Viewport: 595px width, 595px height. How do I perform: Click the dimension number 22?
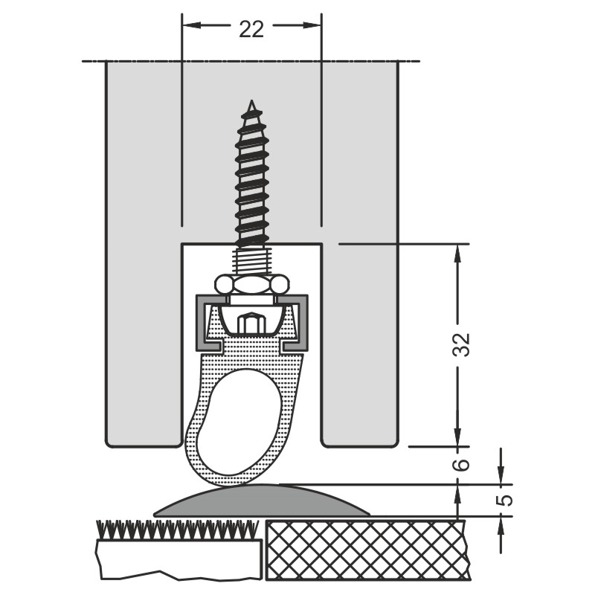(251, 29)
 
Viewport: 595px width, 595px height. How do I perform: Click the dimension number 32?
(462, 344)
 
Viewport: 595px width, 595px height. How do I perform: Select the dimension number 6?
(462, 464)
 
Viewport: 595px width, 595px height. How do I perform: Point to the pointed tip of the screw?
(251, 100)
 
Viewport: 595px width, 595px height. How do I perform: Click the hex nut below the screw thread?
(252, 283)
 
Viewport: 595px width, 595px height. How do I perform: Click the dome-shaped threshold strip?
(263, 500)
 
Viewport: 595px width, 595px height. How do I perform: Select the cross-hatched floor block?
(368, 555)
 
